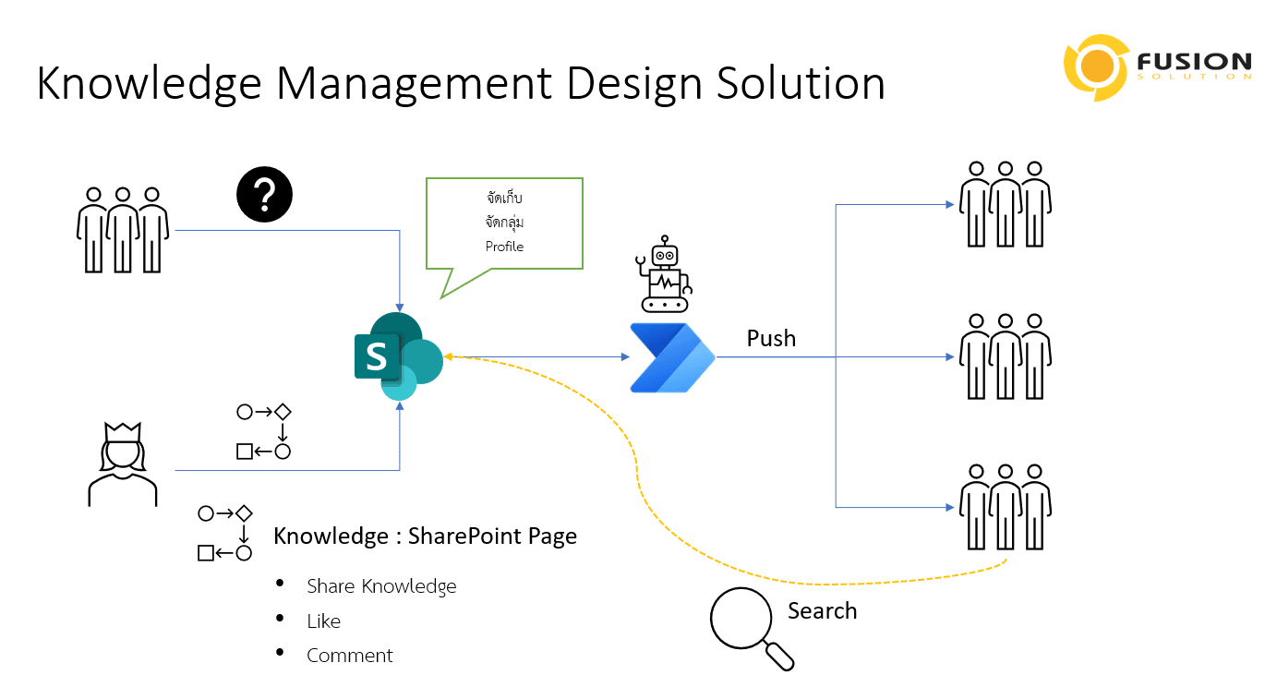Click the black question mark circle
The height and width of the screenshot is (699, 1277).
pos(264,195)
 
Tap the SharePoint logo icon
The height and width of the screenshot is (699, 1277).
pos(398,356)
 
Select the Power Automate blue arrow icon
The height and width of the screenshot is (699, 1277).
pos(672,357)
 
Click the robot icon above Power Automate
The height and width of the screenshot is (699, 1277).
pos(666,274)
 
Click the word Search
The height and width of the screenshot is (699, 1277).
pos(822,611)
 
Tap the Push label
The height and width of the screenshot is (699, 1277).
pos(771,339)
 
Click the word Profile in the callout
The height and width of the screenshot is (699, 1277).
pos(504,247)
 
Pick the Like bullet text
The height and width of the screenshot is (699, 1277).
pos(324,621)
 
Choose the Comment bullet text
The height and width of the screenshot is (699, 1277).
pos(350,656)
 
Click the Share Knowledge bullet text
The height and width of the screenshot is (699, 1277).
pos(381,586)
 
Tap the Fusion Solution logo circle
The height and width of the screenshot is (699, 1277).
pos(1096,66)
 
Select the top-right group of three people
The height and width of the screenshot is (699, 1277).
pos(1005,204)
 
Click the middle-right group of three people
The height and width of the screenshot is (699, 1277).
pos(1005,356)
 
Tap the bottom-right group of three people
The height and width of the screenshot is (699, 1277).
pos(1005,507)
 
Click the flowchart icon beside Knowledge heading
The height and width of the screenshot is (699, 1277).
pos(225,534)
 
